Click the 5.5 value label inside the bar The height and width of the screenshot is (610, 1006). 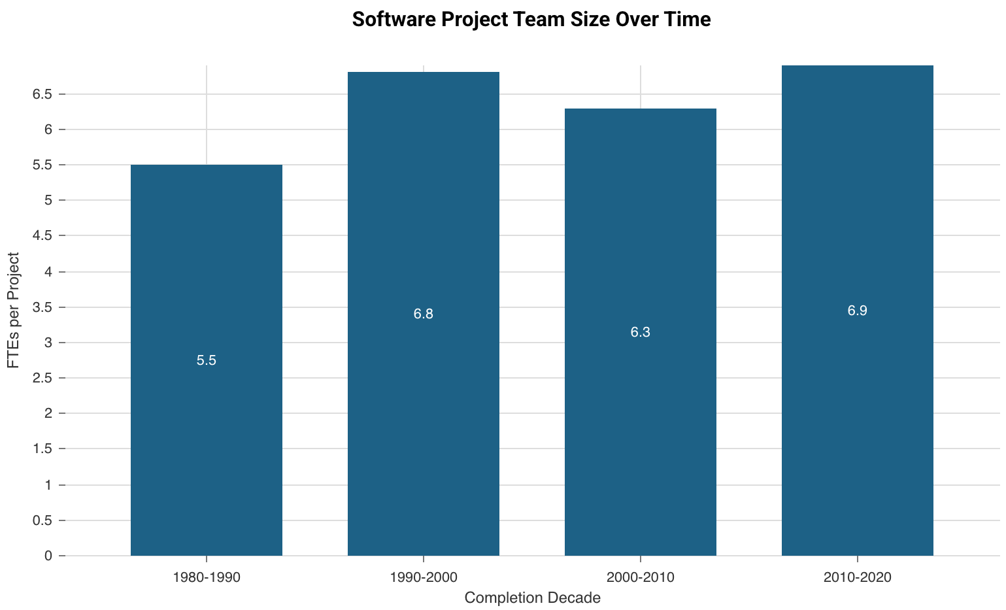207,360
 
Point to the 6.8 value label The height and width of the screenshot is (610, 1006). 424,314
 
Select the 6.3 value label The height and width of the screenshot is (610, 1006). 641,333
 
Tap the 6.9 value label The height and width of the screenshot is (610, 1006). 858,311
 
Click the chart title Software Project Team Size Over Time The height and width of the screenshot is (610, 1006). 531,20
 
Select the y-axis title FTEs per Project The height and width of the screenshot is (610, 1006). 14,311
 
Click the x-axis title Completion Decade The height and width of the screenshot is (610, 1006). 532,598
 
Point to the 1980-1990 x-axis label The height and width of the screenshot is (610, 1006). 207,578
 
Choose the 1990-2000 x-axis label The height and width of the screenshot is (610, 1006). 424,578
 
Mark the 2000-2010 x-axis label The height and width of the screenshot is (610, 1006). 641,578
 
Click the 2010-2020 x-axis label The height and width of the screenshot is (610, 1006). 858,578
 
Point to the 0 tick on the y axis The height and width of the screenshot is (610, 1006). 48,556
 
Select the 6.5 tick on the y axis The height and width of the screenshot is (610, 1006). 42,95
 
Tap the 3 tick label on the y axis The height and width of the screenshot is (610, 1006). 48,343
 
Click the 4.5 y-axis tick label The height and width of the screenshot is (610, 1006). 42,237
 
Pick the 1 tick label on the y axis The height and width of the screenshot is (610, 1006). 48,485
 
